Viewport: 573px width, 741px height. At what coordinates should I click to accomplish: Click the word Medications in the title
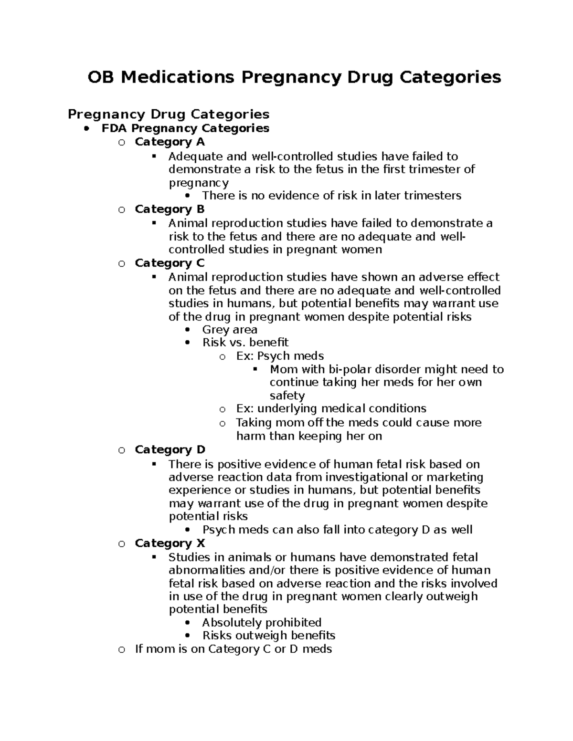[x=178, y=77]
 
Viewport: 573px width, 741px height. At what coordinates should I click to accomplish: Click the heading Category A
[x=170, y=142]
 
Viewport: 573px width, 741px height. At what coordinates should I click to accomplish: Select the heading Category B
[x=170, y=209]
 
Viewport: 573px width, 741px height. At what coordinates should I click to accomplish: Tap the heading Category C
[x=170, y=263]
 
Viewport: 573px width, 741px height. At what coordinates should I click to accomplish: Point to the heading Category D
[x=170, y=449]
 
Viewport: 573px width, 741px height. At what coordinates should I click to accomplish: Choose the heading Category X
[x=170, y=543]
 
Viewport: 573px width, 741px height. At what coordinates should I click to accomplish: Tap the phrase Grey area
[x=230, y=330]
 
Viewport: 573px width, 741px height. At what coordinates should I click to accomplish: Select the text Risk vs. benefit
[x=245, y=343]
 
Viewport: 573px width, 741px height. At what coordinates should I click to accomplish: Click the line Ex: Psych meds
[x=280, y=356]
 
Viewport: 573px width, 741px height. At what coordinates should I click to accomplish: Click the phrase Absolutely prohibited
[x=262, y=623]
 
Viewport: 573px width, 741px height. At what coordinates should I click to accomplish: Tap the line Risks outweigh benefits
[x=269, y=636]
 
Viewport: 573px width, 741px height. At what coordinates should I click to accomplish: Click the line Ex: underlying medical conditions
[x=331, y=408]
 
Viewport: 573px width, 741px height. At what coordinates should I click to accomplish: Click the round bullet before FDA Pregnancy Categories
[x=86, y=128]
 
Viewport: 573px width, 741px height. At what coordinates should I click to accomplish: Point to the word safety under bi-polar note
[x=287, y=396]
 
